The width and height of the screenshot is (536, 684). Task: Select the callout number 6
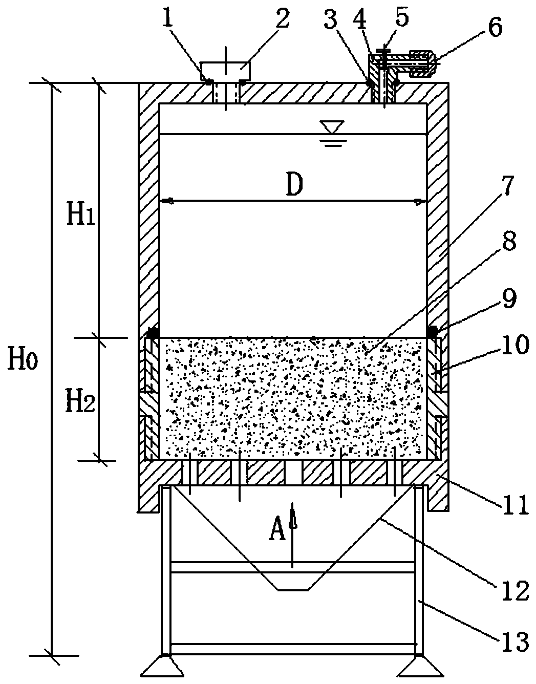495,27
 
